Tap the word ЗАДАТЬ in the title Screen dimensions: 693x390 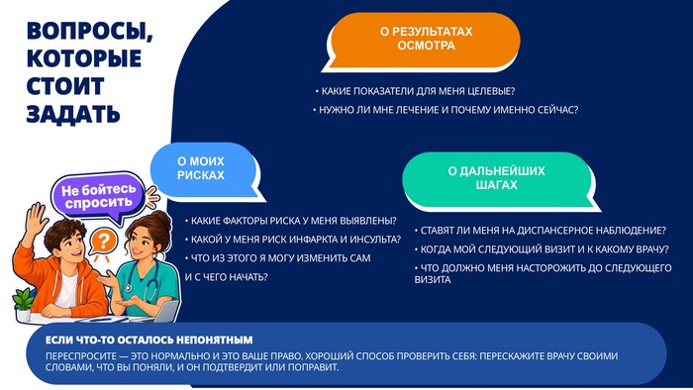(x=73, y=114)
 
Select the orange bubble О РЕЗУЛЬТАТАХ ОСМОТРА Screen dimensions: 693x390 (x=423, y=41)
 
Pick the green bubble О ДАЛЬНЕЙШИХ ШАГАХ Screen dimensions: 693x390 (x=498, y=179)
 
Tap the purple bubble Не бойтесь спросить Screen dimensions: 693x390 (x=99, y=197)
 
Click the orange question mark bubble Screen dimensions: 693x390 (x=103, y=243)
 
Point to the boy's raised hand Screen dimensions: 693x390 (x=37, y=219)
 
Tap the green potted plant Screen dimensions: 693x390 (x=23, y=304)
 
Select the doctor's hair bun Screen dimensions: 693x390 (x=161, y=222)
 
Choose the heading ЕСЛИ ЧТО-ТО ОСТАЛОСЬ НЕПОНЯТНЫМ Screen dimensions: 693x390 (x=149, y=341)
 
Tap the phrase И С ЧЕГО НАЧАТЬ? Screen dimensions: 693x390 (x=227, y=277)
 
